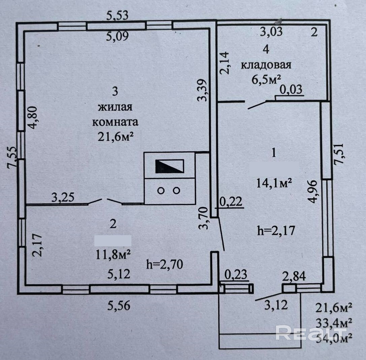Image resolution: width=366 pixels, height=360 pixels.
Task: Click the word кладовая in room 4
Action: (266, 65)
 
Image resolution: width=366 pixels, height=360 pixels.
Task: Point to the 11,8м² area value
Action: (113, 253)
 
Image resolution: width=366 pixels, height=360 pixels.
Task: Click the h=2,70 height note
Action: (165, 264)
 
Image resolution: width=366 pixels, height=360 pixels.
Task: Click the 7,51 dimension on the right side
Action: (339, 154)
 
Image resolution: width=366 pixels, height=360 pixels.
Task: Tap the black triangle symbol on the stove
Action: (169, 167)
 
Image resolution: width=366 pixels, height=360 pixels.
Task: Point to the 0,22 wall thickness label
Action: (231, 202)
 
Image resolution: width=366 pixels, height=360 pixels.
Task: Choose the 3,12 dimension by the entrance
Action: (276, 305)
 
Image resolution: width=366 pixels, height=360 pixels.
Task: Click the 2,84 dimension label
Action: (294, 277)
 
